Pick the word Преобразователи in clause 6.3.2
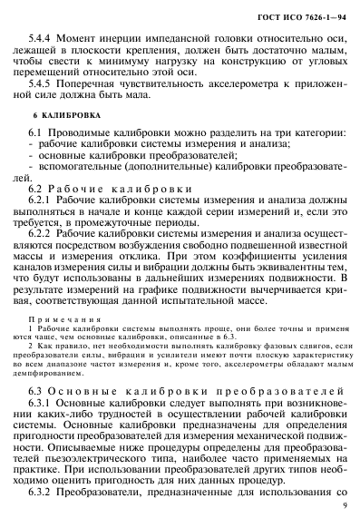[122, 490]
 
